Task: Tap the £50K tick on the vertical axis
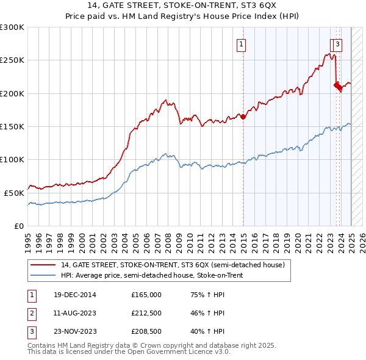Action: tap(14, 192)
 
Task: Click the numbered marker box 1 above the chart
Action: tap(242, 44)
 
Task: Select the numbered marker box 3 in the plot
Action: tap(337, 44)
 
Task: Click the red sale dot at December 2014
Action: tap(243, 117)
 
